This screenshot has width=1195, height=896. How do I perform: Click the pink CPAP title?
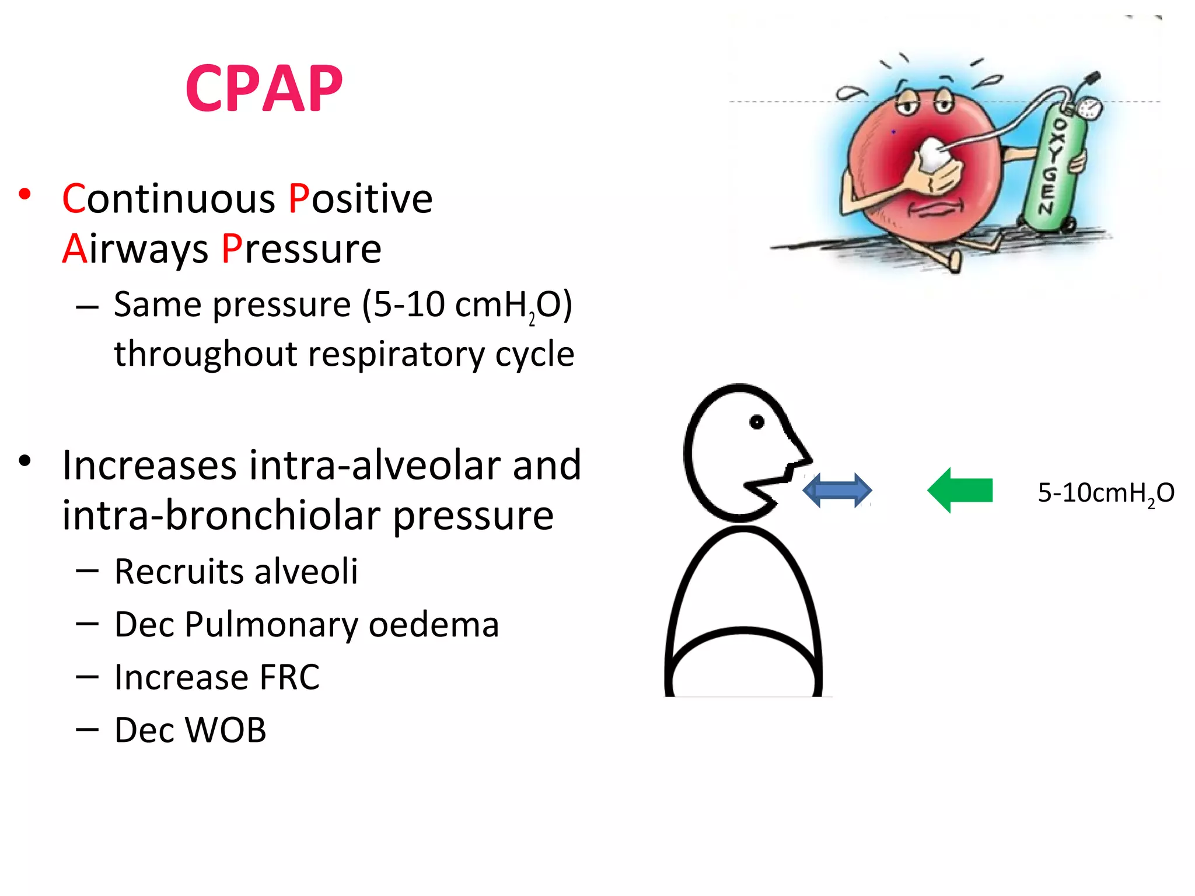264,89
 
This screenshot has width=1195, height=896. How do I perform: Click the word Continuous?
169,199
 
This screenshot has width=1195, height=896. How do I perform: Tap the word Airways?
135,249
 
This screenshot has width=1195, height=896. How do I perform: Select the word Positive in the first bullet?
361,199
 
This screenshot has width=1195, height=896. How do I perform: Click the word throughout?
206,354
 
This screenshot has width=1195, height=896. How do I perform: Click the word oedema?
434,625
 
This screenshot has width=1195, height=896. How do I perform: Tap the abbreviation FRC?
289,678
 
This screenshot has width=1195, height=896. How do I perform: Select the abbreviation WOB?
225,730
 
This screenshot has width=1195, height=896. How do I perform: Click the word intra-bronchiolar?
222,516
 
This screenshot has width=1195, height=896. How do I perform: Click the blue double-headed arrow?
837,491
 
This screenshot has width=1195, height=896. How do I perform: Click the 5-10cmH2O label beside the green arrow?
1105,494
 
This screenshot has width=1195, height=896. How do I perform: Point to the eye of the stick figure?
757,422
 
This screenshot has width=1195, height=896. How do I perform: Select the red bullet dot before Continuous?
25,194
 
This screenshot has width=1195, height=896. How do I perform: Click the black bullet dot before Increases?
25,461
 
